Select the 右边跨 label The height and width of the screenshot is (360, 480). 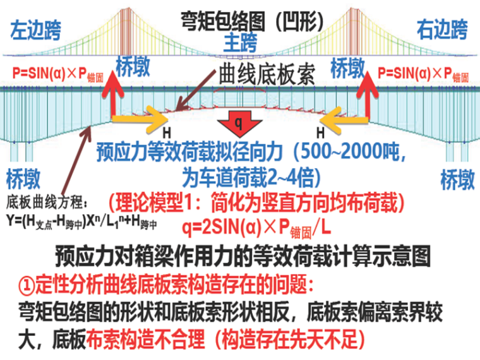(442, 29)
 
